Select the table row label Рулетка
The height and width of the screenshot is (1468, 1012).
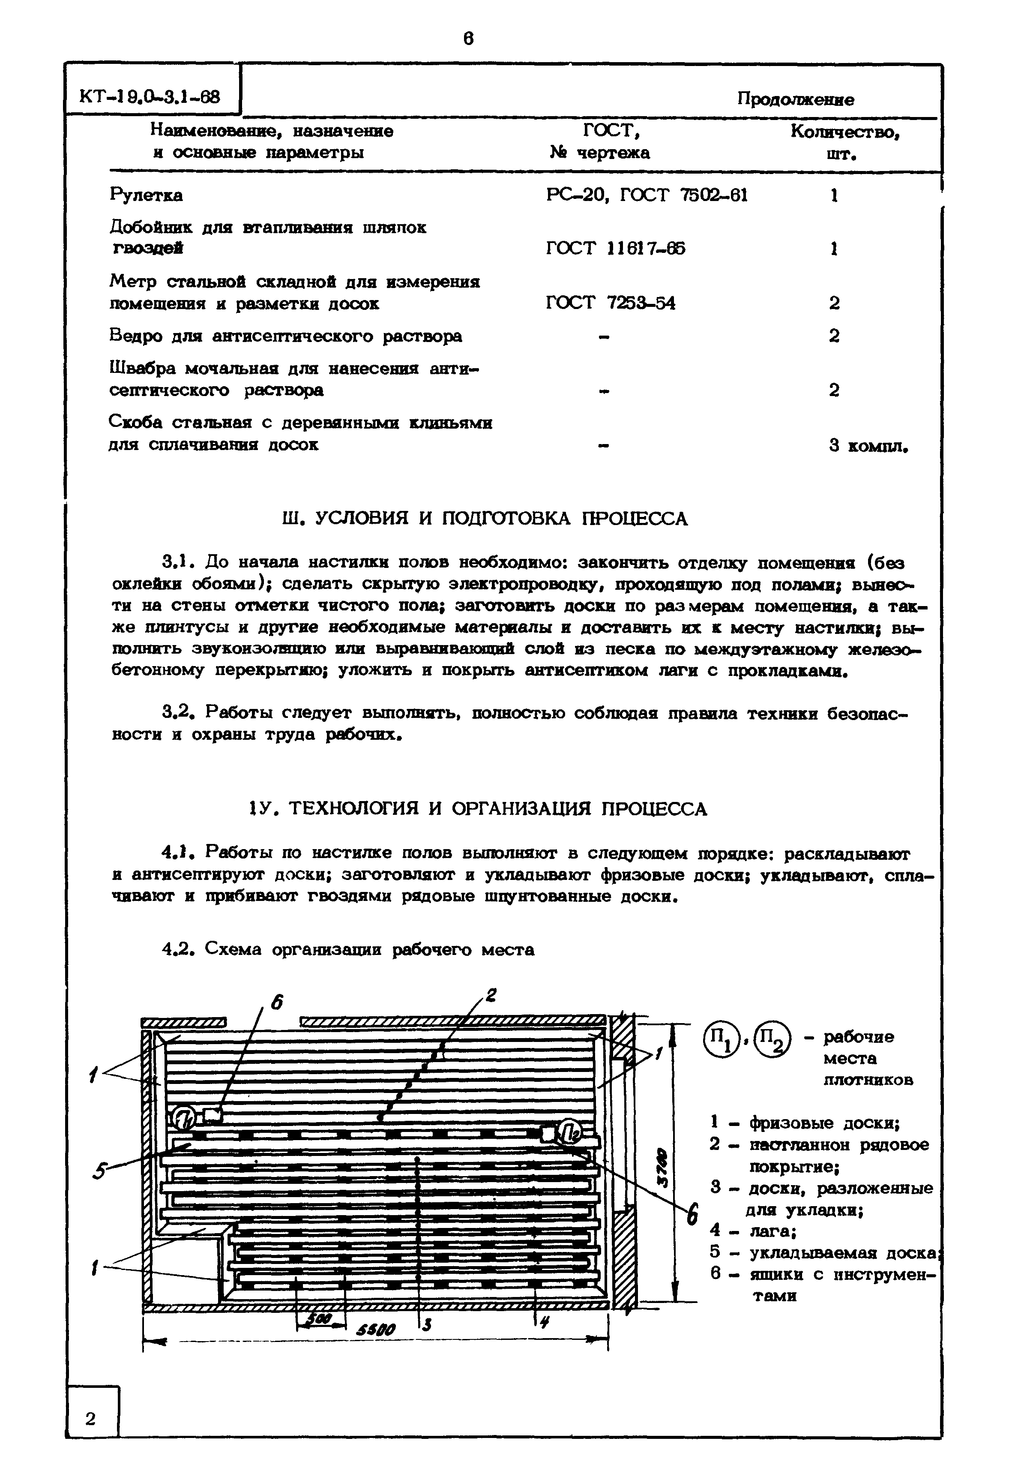146,195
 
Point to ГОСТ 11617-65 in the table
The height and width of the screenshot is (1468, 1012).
615,248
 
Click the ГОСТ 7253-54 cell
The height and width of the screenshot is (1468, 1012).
610,303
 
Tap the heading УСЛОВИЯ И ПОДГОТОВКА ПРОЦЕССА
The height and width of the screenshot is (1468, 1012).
485,519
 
